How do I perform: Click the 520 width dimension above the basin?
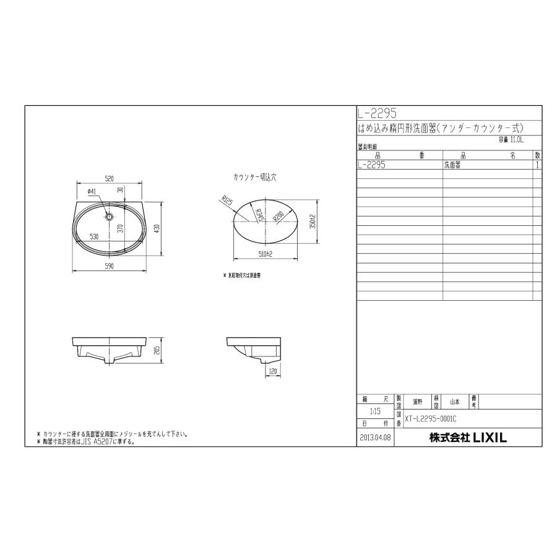109,178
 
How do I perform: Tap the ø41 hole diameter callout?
91,191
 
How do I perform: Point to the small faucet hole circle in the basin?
109,217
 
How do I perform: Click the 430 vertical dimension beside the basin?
158,228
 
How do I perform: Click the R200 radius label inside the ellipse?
277,217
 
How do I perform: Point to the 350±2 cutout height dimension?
313,221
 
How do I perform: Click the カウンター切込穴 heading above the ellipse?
254,177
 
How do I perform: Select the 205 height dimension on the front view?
158,351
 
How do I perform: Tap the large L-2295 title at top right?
377,114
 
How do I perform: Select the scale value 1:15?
375,410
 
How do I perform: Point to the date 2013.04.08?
375,438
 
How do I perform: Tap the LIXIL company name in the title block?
468,438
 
